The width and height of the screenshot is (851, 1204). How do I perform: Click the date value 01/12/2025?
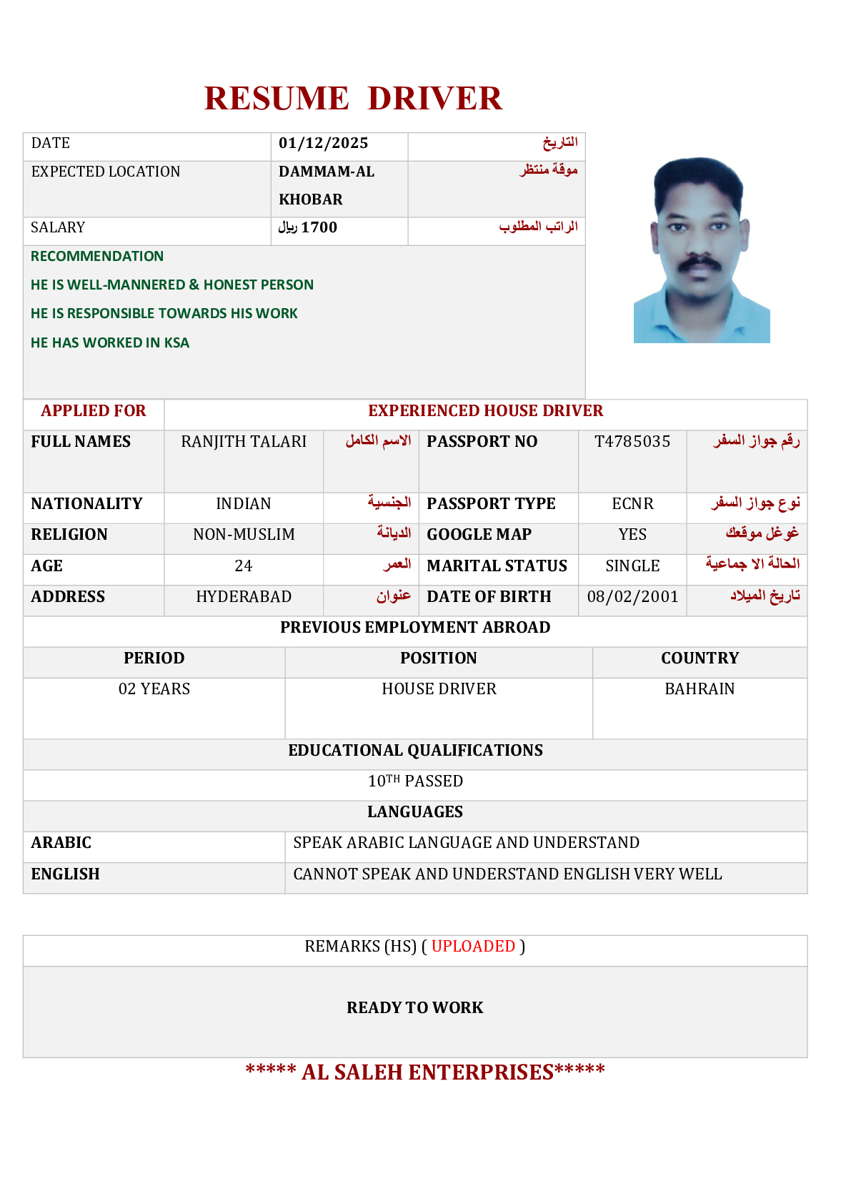(x=323, y=143)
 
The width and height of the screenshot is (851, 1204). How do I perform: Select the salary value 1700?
(x=319, y=227)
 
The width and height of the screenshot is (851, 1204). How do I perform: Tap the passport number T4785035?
(x=632, y=442)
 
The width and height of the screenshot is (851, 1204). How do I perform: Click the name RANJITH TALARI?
(x=244, y=442)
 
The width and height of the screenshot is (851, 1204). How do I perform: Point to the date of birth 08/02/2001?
(x=632, y=597)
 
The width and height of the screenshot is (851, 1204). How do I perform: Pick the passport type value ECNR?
(x=632, y=504)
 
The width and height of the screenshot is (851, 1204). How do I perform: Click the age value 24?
(x=244, y=566)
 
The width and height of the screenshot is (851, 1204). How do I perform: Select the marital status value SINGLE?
(x=632, y=566)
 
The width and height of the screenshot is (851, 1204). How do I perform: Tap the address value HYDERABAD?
(x=244, y=597)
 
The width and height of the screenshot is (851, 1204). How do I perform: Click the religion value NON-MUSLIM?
(x=244, y=535)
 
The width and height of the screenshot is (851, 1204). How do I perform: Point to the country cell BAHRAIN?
(x=700, y=689)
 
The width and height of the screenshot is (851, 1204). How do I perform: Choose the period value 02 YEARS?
(x=154, y=689)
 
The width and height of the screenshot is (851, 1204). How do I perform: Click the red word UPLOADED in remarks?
(x=473, y=947)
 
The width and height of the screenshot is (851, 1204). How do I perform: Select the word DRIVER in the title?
(x=434, y=99)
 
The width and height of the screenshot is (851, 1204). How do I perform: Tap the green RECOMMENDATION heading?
(x=97, y=257)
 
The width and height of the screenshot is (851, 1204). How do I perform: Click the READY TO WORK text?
(x=415, y=1008)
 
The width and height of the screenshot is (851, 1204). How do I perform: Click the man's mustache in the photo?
(x=698, y=263)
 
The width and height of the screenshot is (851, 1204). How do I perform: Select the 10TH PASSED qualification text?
(x=415, y=781)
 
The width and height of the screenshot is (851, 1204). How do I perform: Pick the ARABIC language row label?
(x=61, y=843)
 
